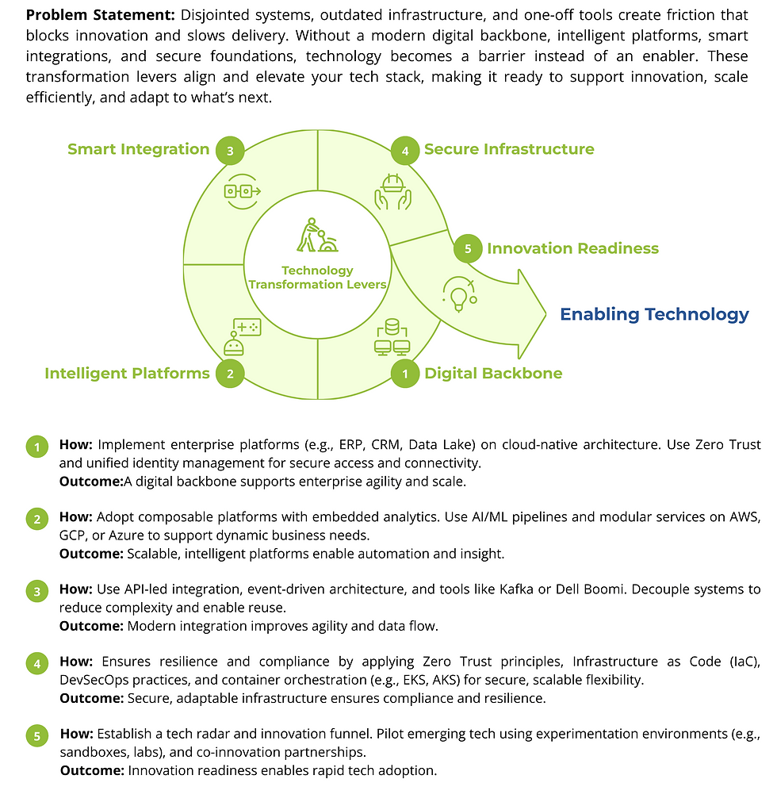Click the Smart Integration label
pyautogui.click(x=138, y=149)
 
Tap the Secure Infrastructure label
pyautogui.click(x=508, y=149)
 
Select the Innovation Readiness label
pyautogui.click(x=572, y=248)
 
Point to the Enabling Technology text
pyautogui.click(x=654, y=314)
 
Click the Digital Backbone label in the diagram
pyautogui.click(x=493, y=373)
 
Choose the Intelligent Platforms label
pyautogui.click(x=127, y=373)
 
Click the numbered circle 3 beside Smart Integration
pyautogui.click(x=230, y=150)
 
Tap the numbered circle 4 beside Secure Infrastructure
pyautogui.click(x=405, y=150)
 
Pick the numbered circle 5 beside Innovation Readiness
pyautogui.click(x=468, y=249)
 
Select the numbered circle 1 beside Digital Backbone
pyautogui.click(x=405, y=374)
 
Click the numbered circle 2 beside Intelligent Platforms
pyautogui.click(x=230, y=374)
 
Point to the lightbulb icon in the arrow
pyautogui.click(x=459, y=294)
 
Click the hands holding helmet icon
pyautogui.click(x=393, y=190)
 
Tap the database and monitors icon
pyautogui.click(x=391, y=336)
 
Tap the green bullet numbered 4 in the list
pyautogui.click(x=36, y=664)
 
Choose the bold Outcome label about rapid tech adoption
pyautogui.click(x=91, y=770)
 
